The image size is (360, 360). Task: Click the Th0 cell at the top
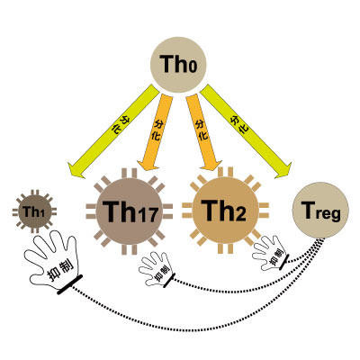coord(178,65)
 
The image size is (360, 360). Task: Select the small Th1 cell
coord(35,211)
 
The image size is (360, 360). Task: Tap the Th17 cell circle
coord(130,211)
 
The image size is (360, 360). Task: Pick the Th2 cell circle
coord(225,210)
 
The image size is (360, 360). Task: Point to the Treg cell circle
coord(320,210)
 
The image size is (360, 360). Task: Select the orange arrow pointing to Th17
coord(156,132)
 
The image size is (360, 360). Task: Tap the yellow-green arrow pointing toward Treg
coord(246,131)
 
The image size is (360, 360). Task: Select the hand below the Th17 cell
coord(157,269)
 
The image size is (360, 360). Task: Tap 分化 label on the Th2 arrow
coord(202,130)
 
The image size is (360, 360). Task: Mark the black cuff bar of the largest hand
coord(70,284)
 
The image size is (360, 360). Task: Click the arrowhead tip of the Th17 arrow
coord(147,171)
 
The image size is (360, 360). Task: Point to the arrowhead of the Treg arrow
coord(283,171)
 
